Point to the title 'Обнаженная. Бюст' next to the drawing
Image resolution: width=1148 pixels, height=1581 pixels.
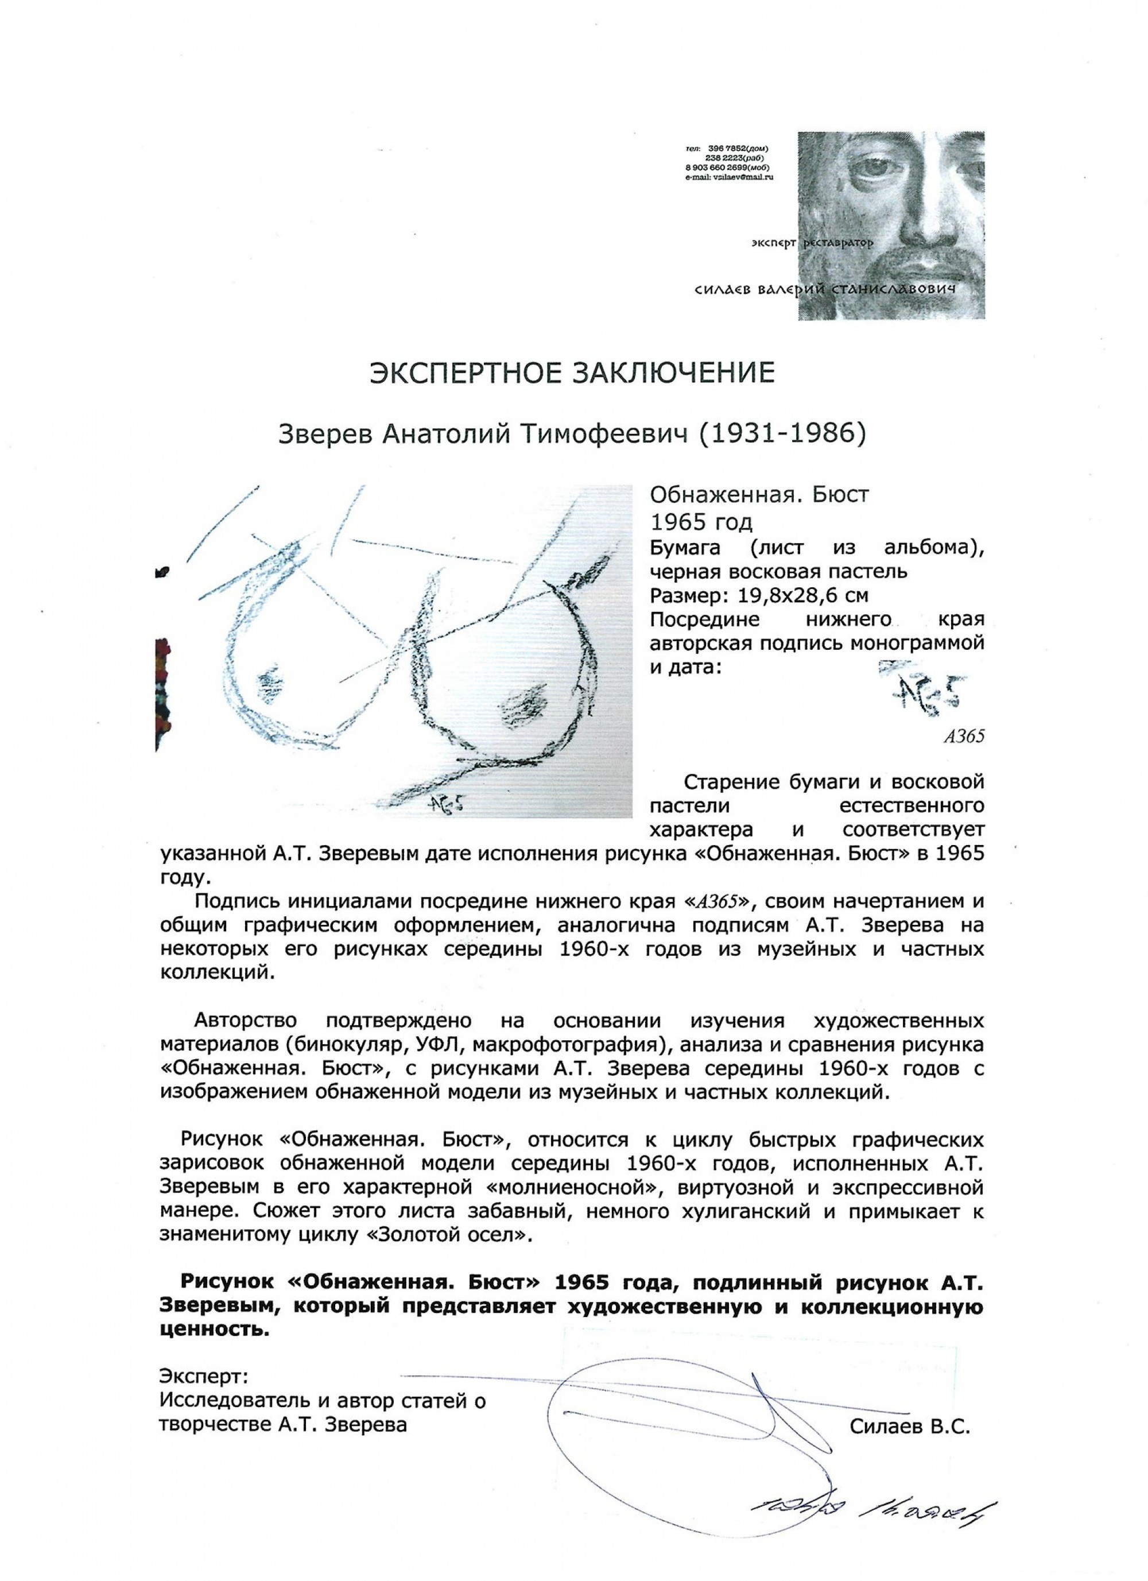pos(759,495)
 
